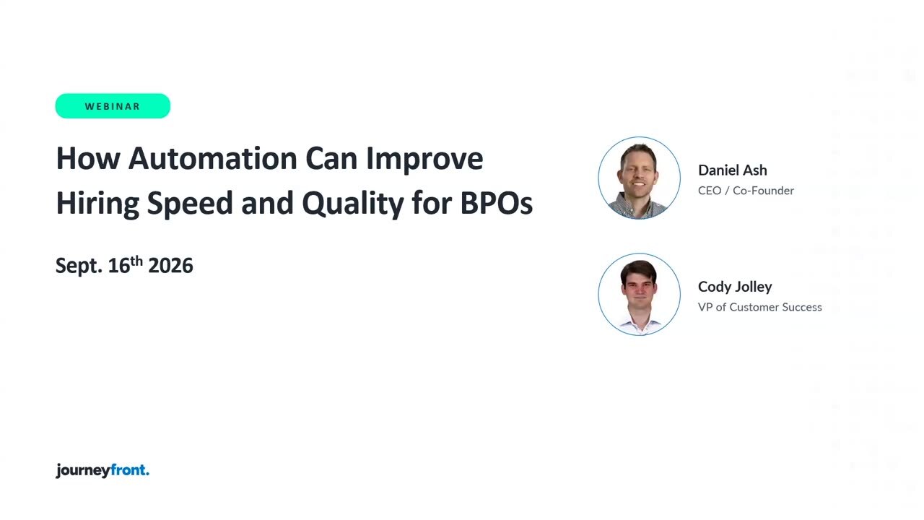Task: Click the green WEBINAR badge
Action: [x=113, y=106]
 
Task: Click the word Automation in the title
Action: [x=212, y=158]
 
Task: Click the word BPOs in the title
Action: [x=496, y=203]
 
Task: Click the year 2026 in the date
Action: [x=170, y=266]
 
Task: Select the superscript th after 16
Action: [x=136, y=261]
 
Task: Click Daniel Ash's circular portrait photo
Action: [x=639, y=178]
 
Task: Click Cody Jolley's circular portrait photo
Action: [x=639, y=294]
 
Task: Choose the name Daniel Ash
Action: [x=732, y=170]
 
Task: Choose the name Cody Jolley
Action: [x=735, y=287]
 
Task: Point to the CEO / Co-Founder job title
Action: [x=746, y=191]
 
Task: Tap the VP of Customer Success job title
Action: [x=760, y=307]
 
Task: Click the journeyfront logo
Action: [x=103, y=470]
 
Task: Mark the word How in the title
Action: [x=88, y=158]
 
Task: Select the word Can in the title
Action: [x=331, y=158]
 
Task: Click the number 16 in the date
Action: [x=119, y=266]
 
